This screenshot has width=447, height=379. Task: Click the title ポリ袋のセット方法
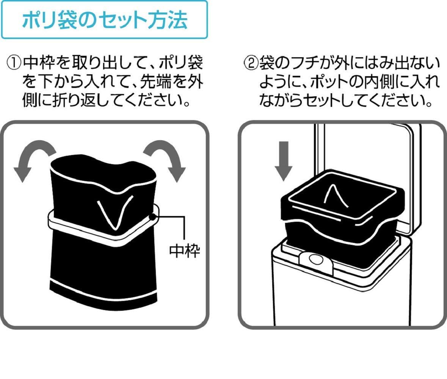[x=104, y=20]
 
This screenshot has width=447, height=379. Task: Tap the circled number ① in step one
[x=14, y=63]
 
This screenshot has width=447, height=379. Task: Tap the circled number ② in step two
[x=250, y=63]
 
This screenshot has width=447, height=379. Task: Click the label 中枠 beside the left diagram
[x=184, y=251]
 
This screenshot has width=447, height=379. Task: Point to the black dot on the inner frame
[x=153, y=217]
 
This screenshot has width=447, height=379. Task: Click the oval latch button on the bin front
[x=314, y=260]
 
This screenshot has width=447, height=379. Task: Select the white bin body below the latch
[x=341, y=299]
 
